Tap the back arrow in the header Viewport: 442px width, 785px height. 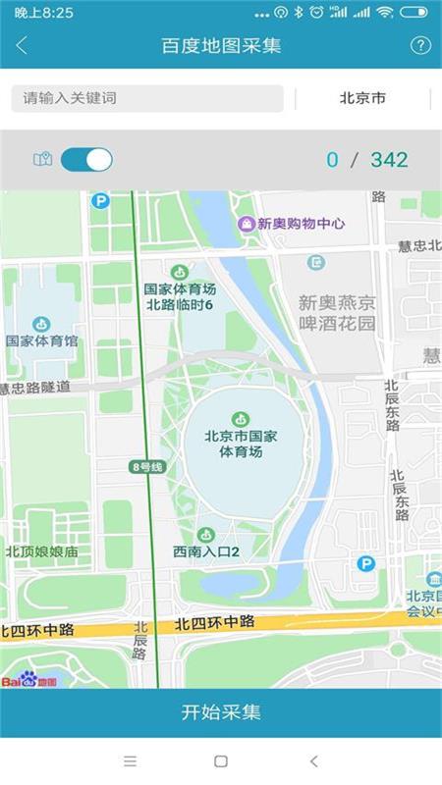point(22,45)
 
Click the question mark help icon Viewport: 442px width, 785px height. point(420,45)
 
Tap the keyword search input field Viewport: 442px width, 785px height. point(147,98)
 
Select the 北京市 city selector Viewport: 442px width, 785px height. point(362,98)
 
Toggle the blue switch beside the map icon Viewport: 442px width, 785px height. point(86,159)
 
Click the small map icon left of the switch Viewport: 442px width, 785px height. point(42,159)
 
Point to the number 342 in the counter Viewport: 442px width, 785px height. point(389,160)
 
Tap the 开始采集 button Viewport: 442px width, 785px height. point(221,712)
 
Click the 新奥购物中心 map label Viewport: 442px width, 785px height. point(302,224)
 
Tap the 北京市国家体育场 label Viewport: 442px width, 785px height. point(241,444)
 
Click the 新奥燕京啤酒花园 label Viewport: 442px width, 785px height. point(337,313)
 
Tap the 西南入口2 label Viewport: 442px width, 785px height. point(206,551)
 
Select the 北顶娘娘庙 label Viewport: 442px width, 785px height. point(41,551)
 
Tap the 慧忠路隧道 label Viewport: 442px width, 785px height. point(35,387)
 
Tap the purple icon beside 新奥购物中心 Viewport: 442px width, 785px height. point(247,224)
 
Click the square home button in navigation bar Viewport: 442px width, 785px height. point(221,760)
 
